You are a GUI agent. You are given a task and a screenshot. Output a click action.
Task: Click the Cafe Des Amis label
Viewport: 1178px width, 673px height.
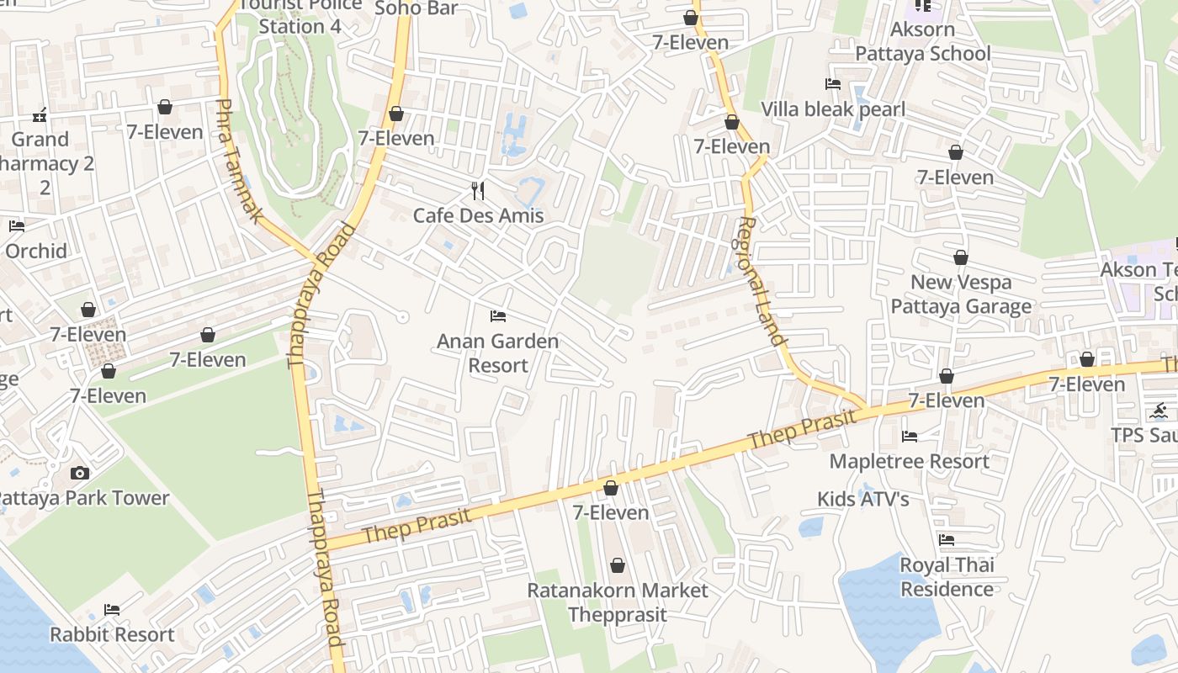pos(478,215)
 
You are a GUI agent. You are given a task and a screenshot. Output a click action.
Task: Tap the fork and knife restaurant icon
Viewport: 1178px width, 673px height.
pos(478,191)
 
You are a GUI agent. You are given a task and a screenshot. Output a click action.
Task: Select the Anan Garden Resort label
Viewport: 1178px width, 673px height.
pos(497,353)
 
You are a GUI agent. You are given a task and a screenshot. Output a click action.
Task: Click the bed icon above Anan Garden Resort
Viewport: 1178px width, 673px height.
pos(498,316)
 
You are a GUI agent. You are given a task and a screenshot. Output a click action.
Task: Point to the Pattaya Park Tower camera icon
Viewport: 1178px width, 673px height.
pos(80,473)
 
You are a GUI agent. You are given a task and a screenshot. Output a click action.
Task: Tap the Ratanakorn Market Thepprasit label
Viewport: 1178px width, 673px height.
pos(617,602)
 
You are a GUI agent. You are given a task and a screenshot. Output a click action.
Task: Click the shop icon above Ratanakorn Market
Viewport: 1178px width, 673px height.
pos(618,565)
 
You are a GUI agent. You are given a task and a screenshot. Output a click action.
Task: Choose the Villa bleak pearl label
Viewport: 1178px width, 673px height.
pos(833,109)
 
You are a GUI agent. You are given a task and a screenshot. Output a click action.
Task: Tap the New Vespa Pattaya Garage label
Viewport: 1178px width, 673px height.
pos(961,294)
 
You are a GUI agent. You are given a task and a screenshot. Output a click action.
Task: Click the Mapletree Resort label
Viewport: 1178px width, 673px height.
pos(909,461)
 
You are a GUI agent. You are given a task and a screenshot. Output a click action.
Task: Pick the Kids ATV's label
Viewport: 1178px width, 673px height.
pos(863,499)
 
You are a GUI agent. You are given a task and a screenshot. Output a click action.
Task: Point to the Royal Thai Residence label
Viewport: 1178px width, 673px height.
pos(947,577)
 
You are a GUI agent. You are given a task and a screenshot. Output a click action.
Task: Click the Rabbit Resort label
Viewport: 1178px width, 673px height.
pos(112,634)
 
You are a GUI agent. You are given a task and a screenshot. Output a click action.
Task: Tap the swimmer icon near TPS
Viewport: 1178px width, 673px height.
pos(1159,411)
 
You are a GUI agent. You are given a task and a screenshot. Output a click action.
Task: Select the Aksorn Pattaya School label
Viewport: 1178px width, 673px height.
pos(922,41)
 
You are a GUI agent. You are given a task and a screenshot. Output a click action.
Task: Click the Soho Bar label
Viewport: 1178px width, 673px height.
pos(416,8)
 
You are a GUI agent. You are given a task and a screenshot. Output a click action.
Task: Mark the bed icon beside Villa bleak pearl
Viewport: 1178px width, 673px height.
pos(833,84)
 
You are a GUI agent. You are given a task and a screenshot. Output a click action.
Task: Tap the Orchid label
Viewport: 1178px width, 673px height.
pos(36,251)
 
